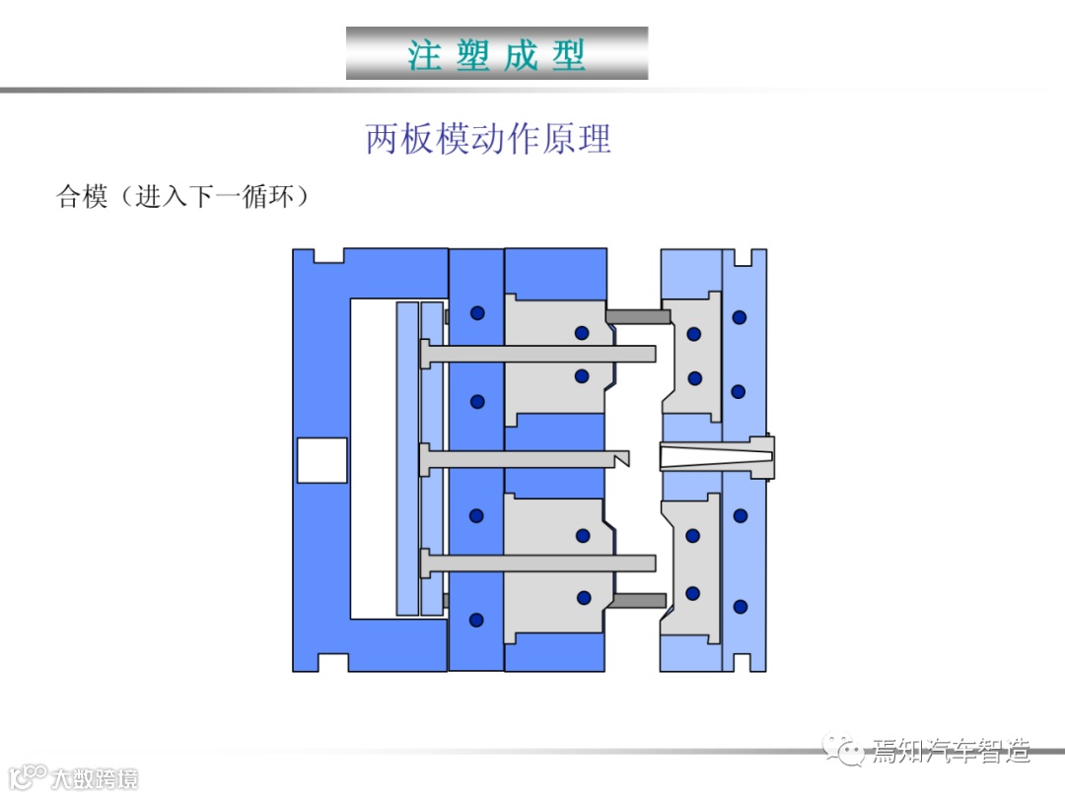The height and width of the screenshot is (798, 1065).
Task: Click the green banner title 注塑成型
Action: (x=497, y=54)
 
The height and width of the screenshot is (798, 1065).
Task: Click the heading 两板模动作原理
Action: (x=488, y=139)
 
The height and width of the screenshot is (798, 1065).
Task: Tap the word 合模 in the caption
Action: (x=82, y=197)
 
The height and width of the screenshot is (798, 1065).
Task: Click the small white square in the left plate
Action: (x=321, y=460)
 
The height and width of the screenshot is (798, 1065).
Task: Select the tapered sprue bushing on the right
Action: (x=715, y=458)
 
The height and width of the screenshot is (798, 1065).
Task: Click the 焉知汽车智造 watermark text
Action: (x=951, y=753)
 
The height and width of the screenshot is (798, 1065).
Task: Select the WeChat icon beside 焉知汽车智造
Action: (x=847, y=752)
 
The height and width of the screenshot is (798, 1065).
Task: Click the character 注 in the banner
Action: (x=425, y=54)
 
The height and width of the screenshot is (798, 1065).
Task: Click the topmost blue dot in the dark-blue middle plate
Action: (x=477, y=313)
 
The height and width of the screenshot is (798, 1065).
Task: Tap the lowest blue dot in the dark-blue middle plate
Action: (x=477, y=620)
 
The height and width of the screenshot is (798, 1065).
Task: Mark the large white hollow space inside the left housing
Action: (x=372, y=458)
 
